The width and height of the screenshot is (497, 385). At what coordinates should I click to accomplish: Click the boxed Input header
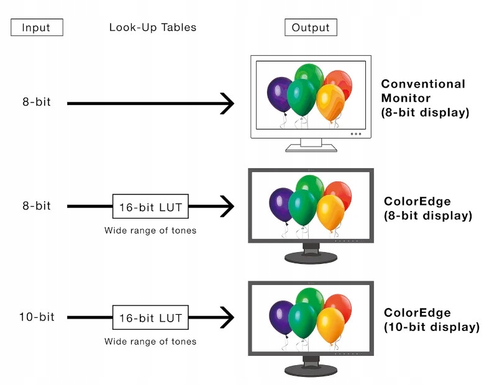pyautogui.click(x=37, y=27)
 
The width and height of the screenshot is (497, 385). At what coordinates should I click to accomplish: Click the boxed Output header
pyautogui.click(x=311, y=27)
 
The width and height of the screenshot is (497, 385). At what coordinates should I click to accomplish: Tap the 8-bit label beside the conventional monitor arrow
pyautogui.click(x=37, y=102)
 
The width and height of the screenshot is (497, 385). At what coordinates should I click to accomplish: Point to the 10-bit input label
pyautogui.click(x=37, y=317)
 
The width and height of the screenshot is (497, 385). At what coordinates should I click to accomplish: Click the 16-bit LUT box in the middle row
pyautogui.click(x=150, y=206)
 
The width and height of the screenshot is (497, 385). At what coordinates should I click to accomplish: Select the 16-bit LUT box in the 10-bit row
pyautogui.click(x=150, y=318)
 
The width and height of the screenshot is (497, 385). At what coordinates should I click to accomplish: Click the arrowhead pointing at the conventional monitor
pyautogui.click(x=227, y=103)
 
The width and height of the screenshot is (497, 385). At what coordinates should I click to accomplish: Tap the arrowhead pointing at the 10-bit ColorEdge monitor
pyautogui.click(x=227, y=318)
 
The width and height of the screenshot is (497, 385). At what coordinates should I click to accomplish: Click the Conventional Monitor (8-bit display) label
pyautogui.click(x=423, y=98)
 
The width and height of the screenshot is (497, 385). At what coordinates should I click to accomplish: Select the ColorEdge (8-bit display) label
pyautogui.click(x=428, y=209)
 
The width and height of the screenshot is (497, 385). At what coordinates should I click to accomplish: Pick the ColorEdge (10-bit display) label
pyautogui.click(x=431, y=319)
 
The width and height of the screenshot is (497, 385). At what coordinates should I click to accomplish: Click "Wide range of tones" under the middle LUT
pyautogui.click(x=150, y=230)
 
